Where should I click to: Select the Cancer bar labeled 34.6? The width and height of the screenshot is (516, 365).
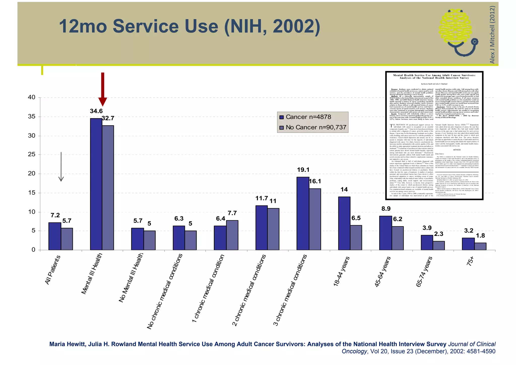(x=96, y=184)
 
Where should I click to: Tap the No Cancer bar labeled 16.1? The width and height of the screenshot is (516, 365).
(x=315, y=219)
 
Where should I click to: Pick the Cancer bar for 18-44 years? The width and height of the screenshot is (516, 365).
(x=344, y=223)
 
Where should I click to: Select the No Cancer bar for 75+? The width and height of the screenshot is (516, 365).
(x=480, y=246)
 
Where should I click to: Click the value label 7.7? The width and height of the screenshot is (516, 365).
(x=232, y=213)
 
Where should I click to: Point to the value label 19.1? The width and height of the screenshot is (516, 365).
(x=303, y=170)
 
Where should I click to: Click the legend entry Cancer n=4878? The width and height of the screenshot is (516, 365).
(x=305, y=117)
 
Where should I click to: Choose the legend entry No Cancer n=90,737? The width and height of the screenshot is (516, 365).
(x=313, y=127)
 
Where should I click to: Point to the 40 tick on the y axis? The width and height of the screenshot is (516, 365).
(x=32, y=97)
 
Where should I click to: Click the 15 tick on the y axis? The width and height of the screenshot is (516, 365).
(x=32, y=193)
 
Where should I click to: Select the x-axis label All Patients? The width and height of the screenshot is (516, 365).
(x=53, y=270)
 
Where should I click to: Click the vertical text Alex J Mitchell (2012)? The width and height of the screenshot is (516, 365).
(x=492, y=35)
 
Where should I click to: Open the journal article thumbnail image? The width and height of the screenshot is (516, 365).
(x=434, y=136)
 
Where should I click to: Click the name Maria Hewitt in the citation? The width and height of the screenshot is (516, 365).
(x=67, y=344)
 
